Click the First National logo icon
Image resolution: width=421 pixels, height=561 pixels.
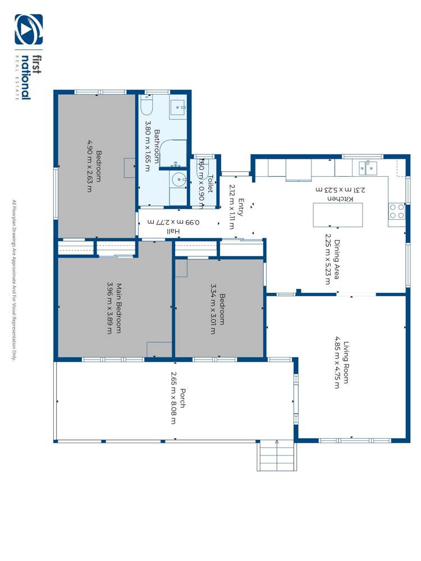28,30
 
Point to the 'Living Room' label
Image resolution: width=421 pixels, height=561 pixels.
346,362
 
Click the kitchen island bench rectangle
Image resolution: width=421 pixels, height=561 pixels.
337,215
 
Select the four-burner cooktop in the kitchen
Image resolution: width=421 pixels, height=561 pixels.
397,211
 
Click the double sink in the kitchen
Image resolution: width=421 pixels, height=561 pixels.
368,167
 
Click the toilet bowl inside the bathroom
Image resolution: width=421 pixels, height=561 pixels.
147,105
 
